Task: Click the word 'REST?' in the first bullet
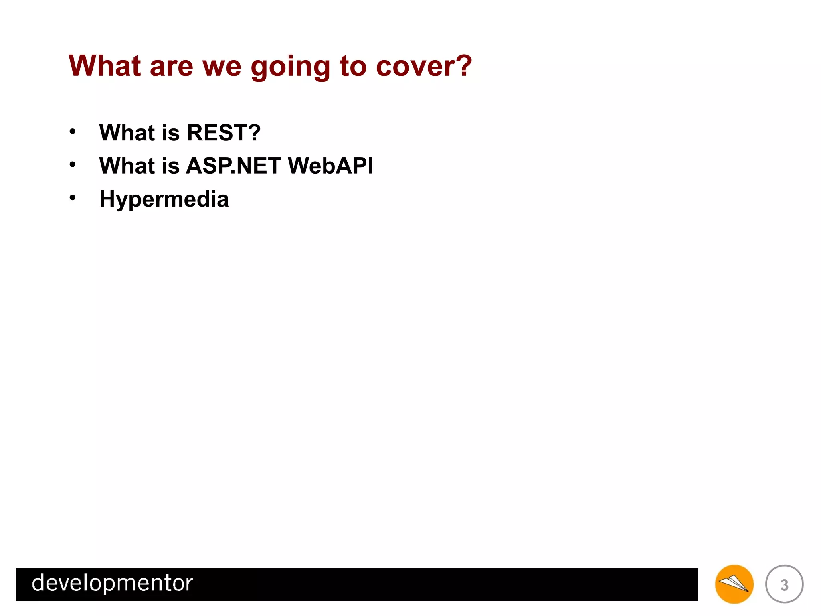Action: coord(224,133)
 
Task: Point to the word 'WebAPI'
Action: coord(330,166)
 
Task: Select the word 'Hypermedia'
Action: coord(164,199)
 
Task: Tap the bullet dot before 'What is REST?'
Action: coord(72,132)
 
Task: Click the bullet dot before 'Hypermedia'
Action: coord(72,197)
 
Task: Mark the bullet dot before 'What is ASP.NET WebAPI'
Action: coord(72,164)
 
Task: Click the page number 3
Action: coord(784,585)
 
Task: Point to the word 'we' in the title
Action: coord(222,67)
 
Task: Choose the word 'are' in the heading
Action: coord(171,67)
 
